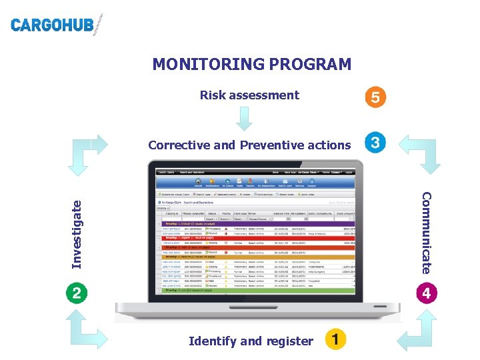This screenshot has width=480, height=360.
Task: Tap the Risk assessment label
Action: pyautogui.click(x=249, y=95)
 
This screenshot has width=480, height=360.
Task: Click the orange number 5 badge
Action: pyautogui.click(x=375, y=97)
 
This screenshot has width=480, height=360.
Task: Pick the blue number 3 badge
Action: pyautogui.click(x=375, y=143)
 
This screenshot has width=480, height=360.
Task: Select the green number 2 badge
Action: pyautogui.click(x=77, y=293)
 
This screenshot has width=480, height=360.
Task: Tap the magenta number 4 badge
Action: pyautogui.click(x=427, y=293)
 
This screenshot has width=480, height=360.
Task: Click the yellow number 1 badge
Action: pyautogui.click(x=335, y=339)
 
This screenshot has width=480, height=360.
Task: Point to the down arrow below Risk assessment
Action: pyautogui.click(x=245, y=119)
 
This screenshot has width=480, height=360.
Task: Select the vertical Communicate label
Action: pyautogui.click(x=427, y=232)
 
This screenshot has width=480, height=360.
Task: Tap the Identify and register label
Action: pyautogui.click(x=251, y=341)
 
